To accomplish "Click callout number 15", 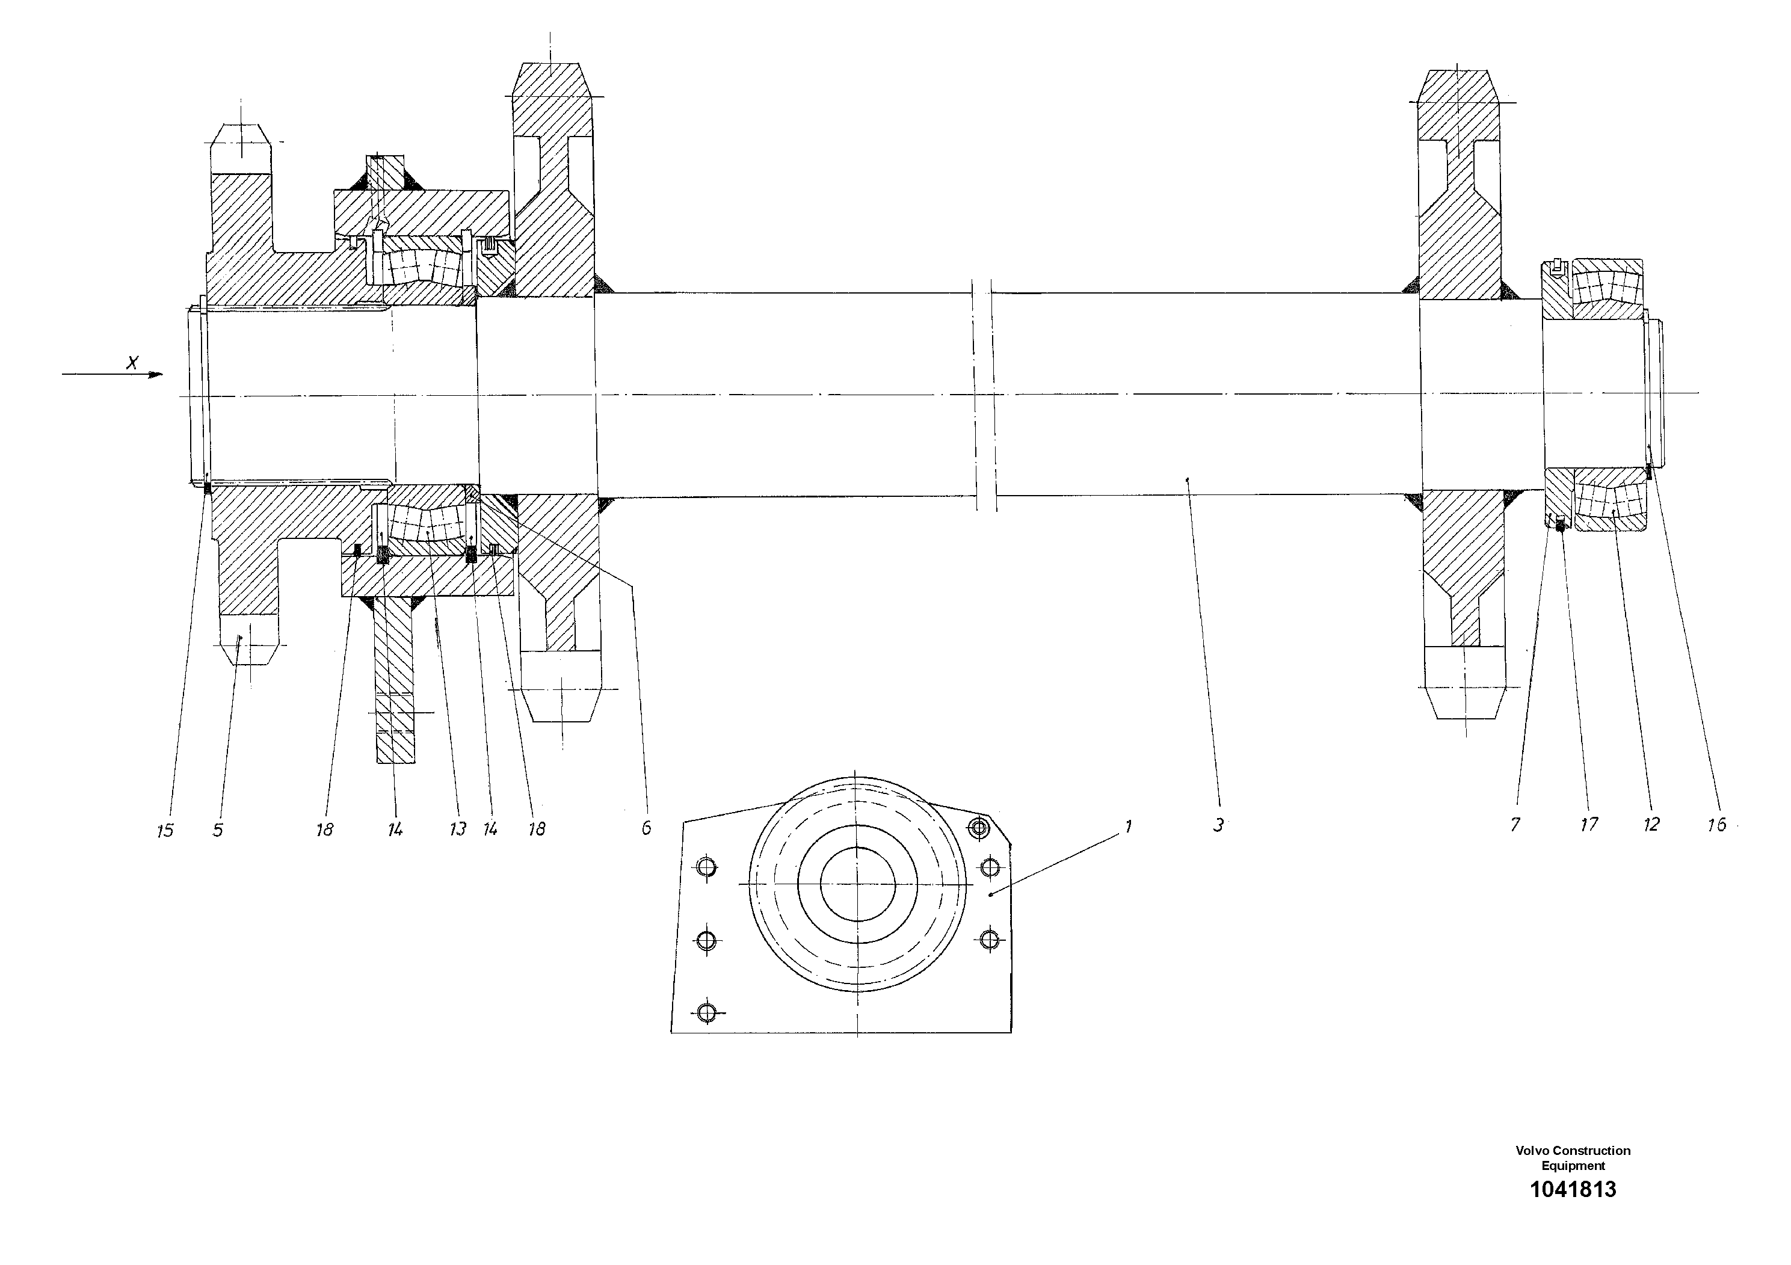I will pos(165,831).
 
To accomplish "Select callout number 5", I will pos(218,830).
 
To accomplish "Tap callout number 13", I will pos(457,829).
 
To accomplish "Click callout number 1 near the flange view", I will pos(1127,826).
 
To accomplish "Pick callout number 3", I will pos(1218,825).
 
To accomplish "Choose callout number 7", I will pos(1515,824).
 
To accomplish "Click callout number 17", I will pos(1589,824).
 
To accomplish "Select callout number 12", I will pos(1651,824).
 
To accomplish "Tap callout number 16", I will pos(1716,824).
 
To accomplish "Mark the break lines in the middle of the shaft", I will pos(984,395).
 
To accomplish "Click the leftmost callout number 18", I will pos(324,830).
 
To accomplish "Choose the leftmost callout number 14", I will pos(395,830).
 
